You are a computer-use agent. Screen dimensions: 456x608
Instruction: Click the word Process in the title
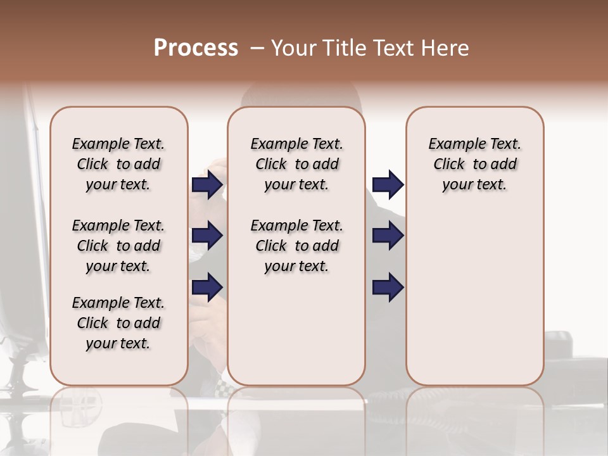[196, 48]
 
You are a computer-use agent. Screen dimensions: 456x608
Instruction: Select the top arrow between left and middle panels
[207, 185]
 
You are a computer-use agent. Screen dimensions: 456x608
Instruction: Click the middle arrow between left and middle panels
[207, 236]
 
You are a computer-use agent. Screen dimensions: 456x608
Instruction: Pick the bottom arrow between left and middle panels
[207, 287]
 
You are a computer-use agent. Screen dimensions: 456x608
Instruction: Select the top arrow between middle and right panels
[388, 185]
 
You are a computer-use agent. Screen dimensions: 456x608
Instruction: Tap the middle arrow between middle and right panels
[388, 236]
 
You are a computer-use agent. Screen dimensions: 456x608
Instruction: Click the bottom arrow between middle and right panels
[388, 287]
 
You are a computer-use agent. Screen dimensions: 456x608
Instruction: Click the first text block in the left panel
[118, 164]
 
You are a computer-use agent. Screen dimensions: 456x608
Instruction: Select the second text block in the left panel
[118, 246]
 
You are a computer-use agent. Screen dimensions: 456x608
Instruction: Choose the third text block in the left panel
[118, 323]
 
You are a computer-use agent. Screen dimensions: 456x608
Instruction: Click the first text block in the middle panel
[296, 164]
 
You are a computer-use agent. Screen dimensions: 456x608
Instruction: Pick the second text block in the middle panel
[296, 246]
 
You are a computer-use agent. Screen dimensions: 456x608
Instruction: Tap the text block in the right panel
[474, 164]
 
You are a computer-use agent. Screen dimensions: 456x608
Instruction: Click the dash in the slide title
[256, 49]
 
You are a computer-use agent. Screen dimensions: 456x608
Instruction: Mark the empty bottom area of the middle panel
[296, 329]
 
